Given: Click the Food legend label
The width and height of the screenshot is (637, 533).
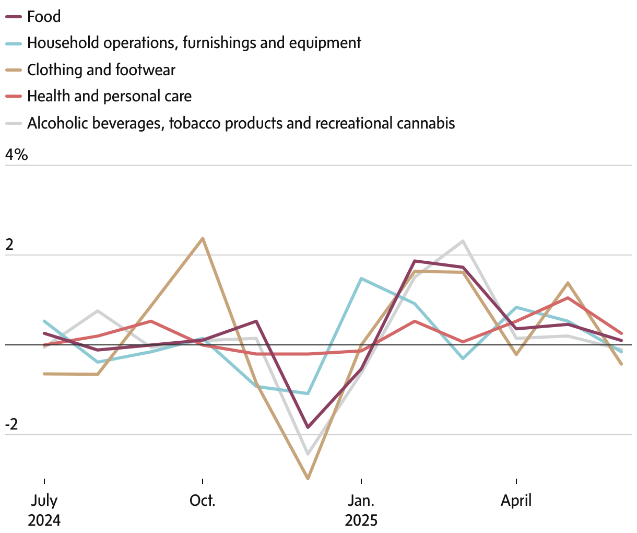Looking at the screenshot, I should click(x=44, y=17).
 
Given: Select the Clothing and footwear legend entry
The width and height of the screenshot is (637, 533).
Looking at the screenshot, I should click(x=101, y=70).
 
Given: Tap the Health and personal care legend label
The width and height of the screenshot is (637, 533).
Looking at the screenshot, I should click(x=109, y=96).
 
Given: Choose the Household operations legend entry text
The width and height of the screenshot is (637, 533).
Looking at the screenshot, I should click(x=194, y=43).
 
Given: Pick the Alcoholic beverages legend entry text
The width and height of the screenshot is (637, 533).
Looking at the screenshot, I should click(x=241, y=123).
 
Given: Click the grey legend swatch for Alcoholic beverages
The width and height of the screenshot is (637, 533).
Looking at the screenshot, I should click(x=14, y=123).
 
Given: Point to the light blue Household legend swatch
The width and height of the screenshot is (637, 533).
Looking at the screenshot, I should click(x=14, y=43).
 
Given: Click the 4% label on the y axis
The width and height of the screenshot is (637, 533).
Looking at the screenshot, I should click(x=16, y=155).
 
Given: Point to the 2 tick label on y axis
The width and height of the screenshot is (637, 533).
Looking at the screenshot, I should click(x=9, y=245).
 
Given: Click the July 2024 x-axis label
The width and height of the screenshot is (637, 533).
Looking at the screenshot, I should click(x=44, y=510).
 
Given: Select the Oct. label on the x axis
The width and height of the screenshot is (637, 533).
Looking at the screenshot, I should click(x=202, y=501).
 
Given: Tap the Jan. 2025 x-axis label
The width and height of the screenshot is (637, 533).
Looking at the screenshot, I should click(x=361, y=510).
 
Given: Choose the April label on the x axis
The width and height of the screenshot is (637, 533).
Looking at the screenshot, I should click(x=516, y=501).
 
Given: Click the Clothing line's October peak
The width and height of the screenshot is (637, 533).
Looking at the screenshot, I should click(x=203, y=239).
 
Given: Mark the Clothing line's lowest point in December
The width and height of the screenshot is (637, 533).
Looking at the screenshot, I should click(x=308, y=478).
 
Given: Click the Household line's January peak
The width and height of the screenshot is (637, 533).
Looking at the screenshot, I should click(x=361, y=279).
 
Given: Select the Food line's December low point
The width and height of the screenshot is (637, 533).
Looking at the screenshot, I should click(x=308, y=427).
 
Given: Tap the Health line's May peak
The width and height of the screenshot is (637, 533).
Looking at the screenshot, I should click(x=568, y=298).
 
